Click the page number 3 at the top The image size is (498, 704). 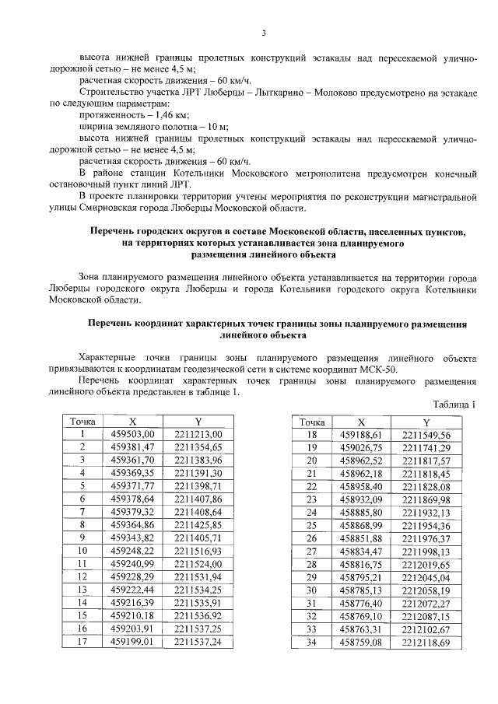[264, 32]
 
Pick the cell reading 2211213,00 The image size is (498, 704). [198, 434]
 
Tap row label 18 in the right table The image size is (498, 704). [311, 434]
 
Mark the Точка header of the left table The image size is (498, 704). [82, 421]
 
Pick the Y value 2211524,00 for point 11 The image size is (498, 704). [198, 564]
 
